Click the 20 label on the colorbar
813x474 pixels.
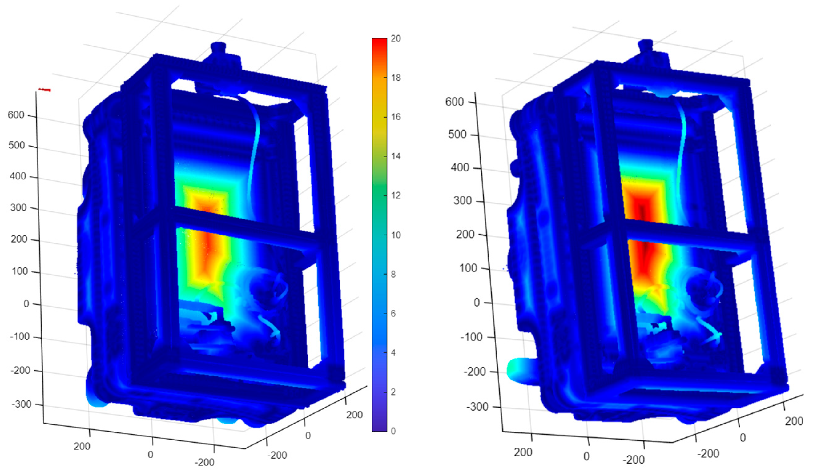pos(396,39)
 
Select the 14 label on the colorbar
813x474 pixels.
pos(396,156)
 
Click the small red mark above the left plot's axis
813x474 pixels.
pos(45,89)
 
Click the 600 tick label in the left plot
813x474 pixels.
pos(16,115)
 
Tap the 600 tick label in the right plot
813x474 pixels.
pos(454,102)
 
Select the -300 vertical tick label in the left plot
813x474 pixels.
pos(22,404)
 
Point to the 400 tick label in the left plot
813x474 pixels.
pos(18,176)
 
